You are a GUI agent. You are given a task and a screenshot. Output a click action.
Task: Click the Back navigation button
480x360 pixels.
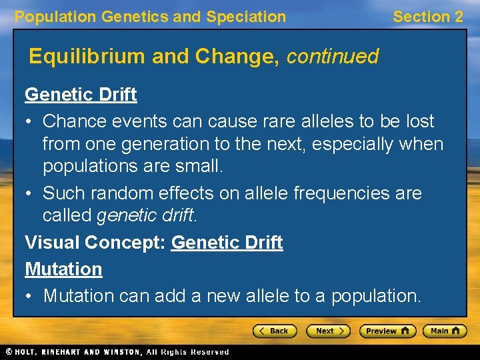coord(274,331)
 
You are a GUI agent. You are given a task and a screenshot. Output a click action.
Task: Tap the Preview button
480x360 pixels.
coord(387,331)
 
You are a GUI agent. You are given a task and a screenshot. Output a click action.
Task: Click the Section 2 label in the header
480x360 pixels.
coord(427,17)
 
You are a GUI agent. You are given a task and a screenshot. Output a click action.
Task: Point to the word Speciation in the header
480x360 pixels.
coord(246,17)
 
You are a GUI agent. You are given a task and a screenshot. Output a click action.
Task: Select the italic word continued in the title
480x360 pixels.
coord(332,56)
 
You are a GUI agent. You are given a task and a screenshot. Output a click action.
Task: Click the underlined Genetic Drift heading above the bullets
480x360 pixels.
coord(81,95)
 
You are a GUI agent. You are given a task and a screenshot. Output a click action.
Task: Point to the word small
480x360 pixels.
coord(197,166)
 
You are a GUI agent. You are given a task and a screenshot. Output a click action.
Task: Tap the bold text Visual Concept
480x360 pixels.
coord(95,243)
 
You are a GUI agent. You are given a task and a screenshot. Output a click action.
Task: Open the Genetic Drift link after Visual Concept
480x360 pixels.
coord(227,243)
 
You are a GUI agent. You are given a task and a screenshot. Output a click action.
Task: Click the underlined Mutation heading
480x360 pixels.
coord(63,269)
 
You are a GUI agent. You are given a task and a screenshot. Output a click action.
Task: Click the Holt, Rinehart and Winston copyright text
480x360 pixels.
coord(117,352)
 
